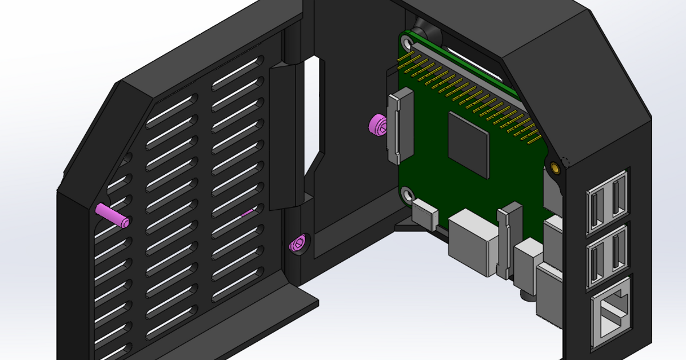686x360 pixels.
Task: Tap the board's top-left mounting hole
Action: pyautogui.click(x=406, y=41)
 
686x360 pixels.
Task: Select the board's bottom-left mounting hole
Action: pyautogui.click(x=408, y=195)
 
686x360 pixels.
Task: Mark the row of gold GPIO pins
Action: pyautogui.click(x=469, y=94)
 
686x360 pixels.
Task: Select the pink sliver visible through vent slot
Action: pyautogui.click(x=247, y=214)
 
